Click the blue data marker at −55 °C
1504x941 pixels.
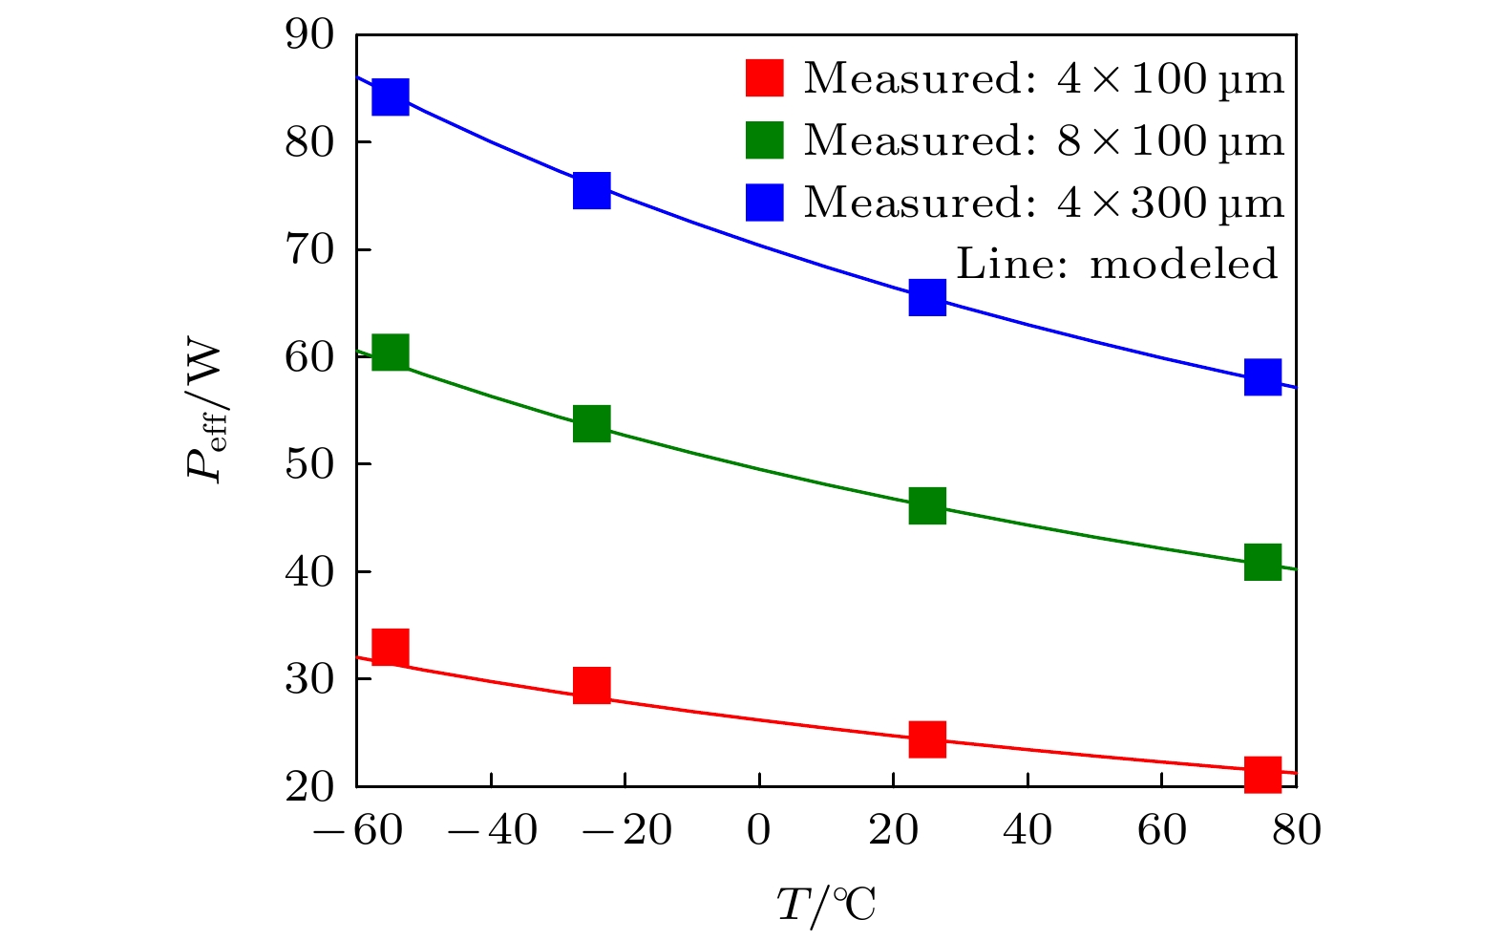(x=391, y=96)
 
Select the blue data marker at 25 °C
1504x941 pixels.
(x=927, y=297)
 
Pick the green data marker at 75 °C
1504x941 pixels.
(x=1262, y=562)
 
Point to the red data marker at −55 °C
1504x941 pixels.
(x=391, y=647)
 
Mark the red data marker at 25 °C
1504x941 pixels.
(x=927, y=738)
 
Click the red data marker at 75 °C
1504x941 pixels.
(x=1262, y=773)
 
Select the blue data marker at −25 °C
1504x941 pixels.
(x=592, y=190)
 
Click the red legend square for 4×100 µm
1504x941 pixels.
(x=764, y=78)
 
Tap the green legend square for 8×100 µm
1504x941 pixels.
(x=764, y=140)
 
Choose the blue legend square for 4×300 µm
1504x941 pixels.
(x=764, y=202)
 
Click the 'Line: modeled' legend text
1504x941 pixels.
(x=1116, y=264)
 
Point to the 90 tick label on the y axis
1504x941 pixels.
(x=310, y=35)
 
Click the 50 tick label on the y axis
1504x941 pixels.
(x=310, y=464)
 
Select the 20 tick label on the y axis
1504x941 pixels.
(x=310, y=786)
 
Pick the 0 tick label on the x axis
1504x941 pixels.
(x=758, y=831)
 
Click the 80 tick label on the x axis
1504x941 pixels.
(x=1296, y=831)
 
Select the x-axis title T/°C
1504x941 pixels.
(x=826, y=905)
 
